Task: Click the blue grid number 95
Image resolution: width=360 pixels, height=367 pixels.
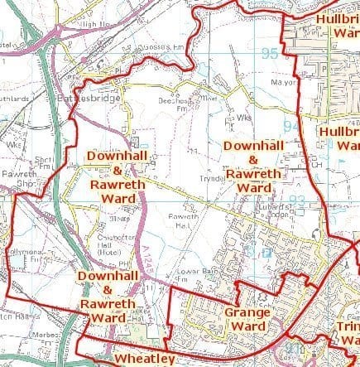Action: pos(269,55)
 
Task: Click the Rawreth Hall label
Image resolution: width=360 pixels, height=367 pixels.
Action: pos(180,220)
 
